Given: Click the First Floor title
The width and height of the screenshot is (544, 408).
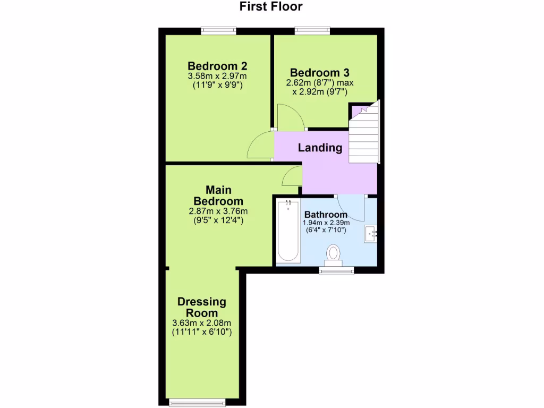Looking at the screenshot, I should [271, 7].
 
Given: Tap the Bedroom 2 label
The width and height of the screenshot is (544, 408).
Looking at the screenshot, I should [217, 66].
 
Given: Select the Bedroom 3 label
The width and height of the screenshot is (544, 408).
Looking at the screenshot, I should [319, 72].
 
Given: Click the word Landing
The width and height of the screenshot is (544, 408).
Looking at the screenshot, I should [320, 148].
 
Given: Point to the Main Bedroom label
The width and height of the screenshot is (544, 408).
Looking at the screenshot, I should [218, 195].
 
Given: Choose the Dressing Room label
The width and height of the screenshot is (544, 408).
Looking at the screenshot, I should [201, 307].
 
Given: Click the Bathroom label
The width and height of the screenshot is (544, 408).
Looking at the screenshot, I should [326, 215].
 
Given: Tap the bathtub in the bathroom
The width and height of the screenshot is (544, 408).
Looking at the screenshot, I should [288, 231].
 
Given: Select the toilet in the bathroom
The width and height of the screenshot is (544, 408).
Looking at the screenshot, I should [333, 254].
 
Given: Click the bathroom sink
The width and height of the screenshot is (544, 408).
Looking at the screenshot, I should [370, 234].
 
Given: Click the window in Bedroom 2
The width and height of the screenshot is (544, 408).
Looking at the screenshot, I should [218, 31].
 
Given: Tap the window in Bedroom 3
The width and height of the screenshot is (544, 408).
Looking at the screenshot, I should [312, 31].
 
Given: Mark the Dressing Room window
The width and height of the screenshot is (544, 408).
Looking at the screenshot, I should [197, 402].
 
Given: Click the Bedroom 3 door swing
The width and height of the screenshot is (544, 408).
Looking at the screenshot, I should [289, 117].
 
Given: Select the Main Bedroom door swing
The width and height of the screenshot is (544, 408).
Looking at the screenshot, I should [292, 176].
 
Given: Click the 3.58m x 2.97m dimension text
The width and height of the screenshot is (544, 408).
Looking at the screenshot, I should [217, 76].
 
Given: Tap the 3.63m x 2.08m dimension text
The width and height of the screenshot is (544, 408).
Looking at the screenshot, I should [202, 323].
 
